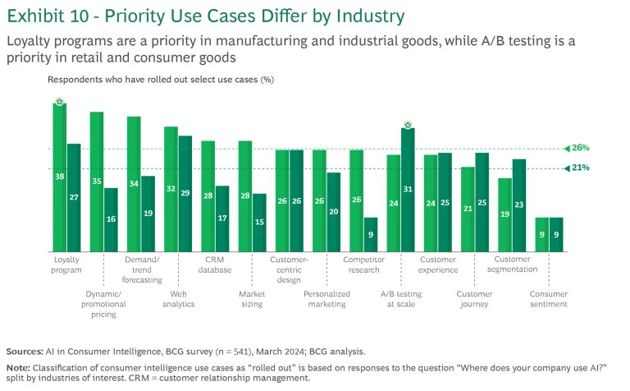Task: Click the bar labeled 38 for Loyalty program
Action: (60, 177)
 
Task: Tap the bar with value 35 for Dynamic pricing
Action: (97, 182)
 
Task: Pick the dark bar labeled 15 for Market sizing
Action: (259, 222)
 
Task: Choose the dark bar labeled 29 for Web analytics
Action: (185, 193)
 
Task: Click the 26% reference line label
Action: (581, 148)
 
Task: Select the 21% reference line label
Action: (581, 168)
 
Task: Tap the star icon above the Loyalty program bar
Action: (60, 102)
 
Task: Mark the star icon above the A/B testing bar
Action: (408, 125)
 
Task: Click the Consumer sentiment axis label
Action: (548, 299)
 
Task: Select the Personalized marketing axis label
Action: (326, 299)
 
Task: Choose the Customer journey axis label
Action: (474, 299)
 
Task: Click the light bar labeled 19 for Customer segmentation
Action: (482, 214)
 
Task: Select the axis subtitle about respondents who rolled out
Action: (160, 80)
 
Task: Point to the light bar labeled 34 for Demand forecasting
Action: (134, 183)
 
